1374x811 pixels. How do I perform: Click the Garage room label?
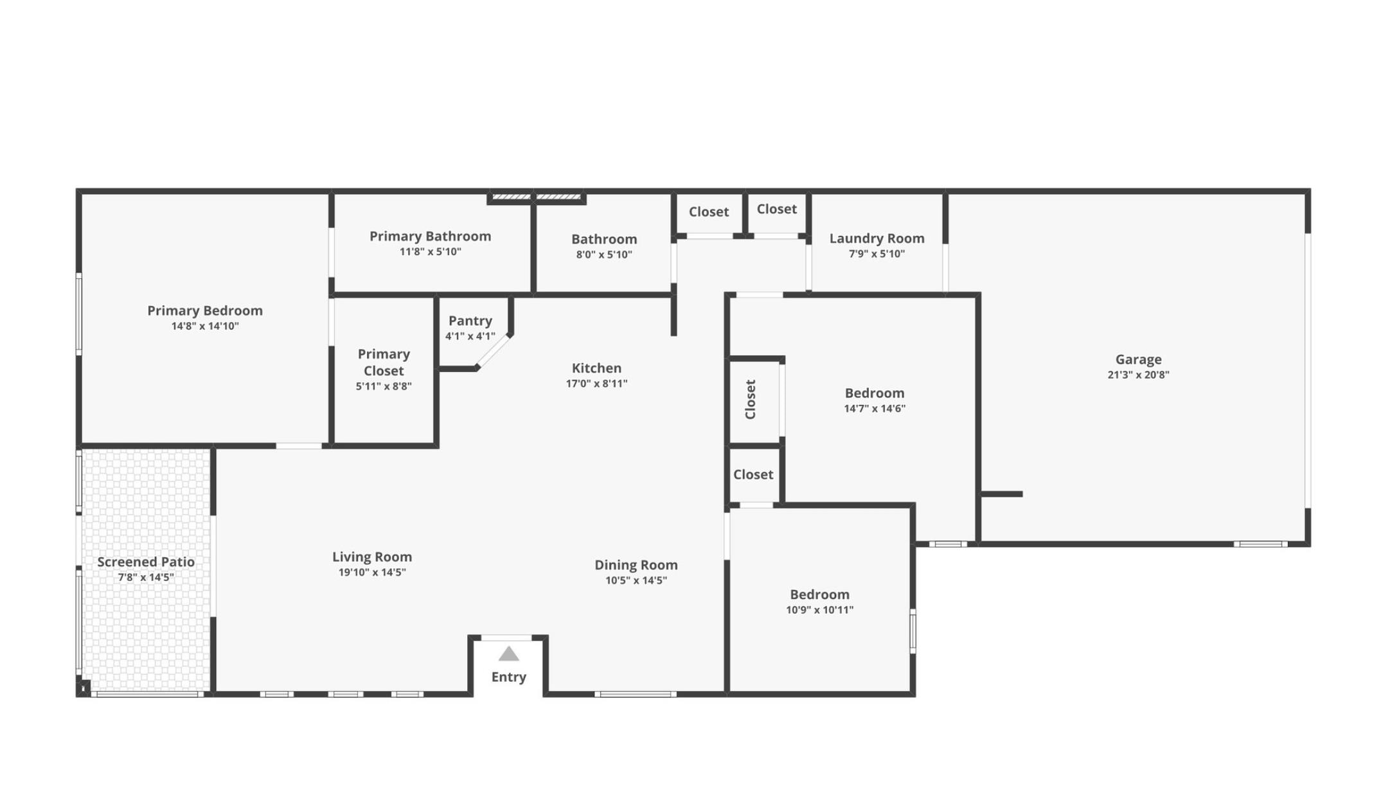point(1138,359)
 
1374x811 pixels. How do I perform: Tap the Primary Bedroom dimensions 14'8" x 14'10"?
point(205,326)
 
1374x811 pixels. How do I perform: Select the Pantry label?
point(470,320)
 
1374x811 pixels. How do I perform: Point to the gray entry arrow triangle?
point(508,654)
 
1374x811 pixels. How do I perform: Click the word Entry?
point(508,677)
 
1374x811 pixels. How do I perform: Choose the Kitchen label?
point(596,368)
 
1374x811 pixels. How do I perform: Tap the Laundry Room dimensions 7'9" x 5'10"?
point(877,254)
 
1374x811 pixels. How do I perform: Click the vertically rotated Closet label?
point(750,399)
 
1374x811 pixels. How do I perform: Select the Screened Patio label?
point(146,562)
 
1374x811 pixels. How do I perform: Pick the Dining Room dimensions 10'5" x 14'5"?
point(636,580)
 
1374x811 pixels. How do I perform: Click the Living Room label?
point(372,557)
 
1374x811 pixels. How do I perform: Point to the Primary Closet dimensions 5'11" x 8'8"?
point(384,386)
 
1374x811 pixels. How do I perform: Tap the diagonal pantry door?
point(494,352)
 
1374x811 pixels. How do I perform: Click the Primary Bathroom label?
point(430,236)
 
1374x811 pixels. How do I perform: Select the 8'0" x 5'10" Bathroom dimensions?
point(603,254)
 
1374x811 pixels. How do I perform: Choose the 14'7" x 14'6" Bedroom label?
point(874,393)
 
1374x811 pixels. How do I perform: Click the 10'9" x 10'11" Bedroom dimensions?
point(819,610)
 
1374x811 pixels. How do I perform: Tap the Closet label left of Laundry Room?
point(776,209)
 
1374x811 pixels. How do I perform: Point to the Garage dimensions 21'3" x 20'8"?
point(1138,375)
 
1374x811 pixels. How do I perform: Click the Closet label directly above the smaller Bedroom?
point(753,474)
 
